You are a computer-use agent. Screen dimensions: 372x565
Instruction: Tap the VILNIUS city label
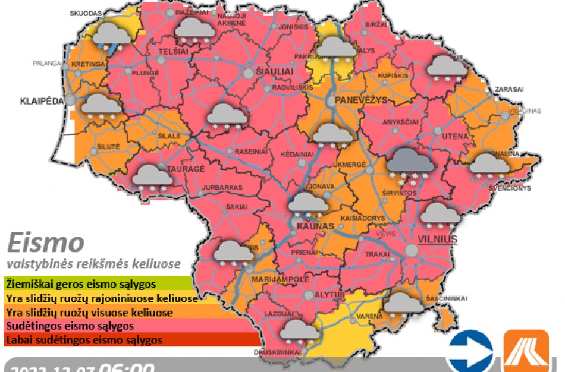tap(437, 239)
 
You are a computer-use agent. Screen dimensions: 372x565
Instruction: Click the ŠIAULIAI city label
tap(274, 71)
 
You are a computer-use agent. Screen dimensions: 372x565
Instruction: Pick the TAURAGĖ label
tap(187, 169)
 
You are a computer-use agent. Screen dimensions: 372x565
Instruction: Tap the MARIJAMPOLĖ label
tap(281, 279)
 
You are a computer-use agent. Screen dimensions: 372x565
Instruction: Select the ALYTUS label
tap(330, 295)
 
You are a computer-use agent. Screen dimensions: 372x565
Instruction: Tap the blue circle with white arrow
tap(470, 351)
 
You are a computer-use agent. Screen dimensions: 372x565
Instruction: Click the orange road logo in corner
tap(525, 351)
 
